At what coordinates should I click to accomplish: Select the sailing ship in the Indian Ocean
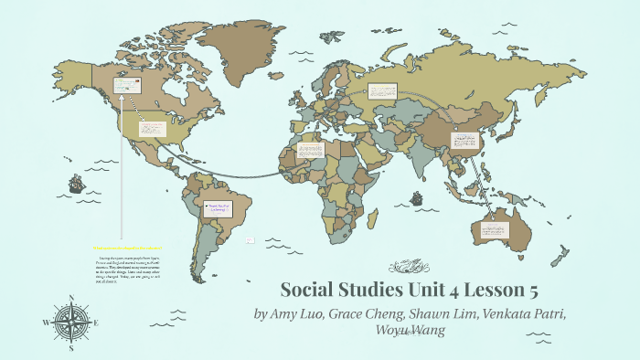[x=417, y=198]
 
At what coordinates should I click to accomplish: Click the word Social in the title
[x=307, y=291]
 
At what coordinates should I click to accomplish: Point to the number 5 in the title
[x=530, y=291]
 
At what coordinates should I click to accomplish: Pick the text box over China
[x=464, y=141]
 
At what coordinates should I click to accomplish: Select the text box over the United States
[x=151, y=129]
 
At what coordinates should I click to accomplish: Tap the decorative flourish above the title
[x=407, y=267]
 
